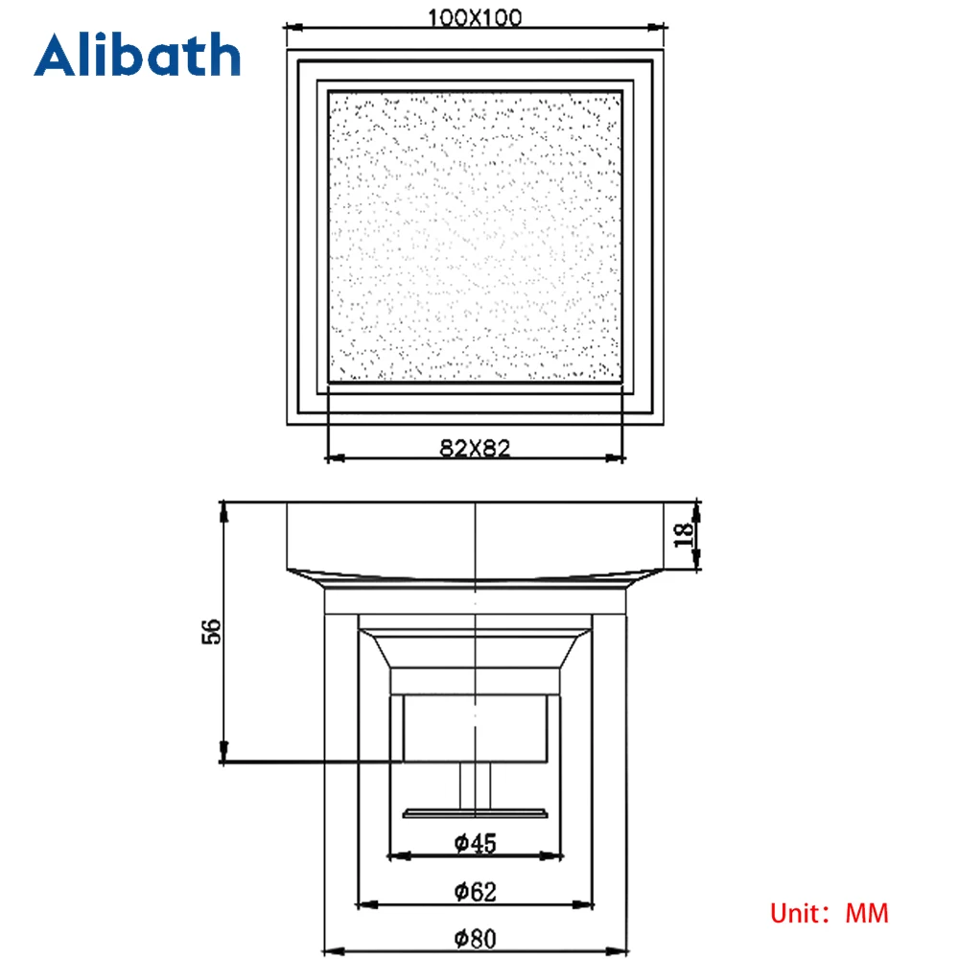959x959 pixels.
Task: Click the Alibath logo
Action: [137, 55]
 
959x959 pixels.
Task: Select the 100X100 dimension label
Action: [475, 17]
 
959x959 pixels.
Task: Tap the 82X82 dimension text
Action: [475, 448]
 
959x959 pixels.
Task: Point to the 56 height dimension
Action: [210, 631]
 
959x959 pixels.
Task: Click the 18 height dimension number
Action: [683, 535]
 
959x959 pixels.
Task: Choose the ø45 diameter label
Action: [475, 843]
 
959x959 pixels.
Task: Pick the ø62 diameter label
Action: [475, 891]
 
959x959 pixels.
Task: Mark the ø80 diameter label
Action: [475, 938]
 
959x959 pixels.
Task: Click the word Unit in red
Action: [794, 914]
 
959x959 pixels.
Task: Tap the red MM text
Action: [867, 914]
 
